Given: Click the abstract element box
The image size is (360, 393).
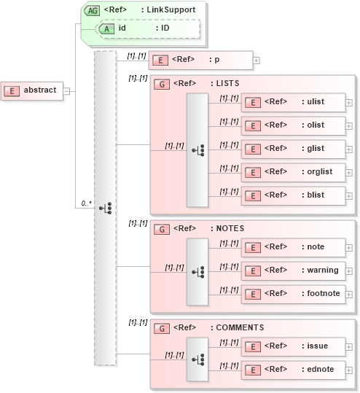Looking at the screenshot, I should click(x=32, y=90).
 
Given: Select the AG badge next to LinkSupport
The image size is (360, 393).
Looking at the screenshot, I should click(x=93, y=10).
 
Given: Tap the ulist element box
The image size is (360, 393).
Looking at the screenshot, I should click(x=292, y=102).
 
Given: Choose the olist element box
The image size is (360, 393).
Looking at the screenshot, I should click(x=292, y=125).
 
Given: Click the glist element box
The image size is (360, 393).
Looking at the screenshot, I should click(x=292, y=149).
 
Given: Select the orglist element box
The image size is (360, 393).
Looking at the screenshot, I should click(x=292, y=172).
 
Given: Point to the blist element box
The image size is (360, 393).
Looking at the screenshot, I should click(x=292, y=195).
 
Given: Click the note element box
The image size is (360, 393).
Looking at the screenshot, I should click(x=292, y=247).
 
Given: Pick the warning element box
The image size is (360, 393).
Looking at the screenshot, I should click(x=292, y=271).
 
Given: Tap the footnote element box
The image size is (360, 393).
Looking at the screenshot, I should click(x=292, y=294).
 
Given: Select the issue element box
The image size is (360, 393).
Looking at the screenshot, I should click(x=292, y=346).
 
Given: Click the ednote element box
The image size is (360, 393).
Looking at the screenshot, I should click(x=292, y=370).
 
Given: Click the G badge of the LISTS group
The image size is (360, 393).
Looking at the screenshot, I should click(x=163, y=83).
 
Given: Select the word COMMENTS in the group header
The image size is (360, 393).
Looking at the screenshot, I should click(x=240, y=327).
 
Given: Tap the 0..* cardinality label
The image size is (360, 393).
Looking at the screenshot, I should click(x=86, y=203).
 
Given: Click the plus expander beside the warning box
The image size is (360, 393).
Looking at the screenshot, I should click(x=349, y=271).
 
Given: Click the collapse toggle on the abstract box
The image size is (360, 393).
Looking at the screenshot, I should click(x=66, y=90).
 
